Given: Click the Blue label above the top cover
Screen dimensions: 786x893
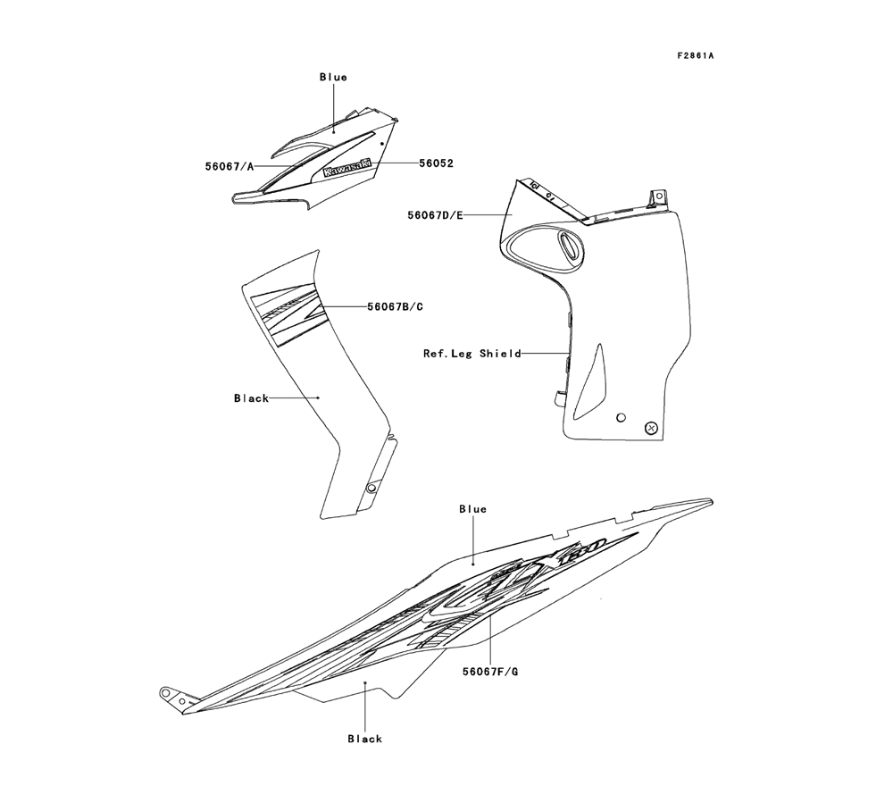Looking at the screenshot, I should click(333, 78).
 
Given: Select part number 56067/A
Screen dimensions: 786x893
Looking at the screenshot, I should click(230, 165).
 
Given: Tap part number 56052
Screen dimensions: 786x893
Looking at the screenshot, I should click(437, 163).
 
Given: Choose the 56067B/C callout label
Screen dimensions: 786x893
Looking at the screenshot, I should click(395, 306).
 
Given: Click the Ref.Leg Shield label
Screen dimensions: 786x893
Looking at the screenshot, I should click(472, 354).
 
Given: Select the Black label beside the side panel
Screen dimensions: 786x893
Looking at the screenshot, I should click(251, 398).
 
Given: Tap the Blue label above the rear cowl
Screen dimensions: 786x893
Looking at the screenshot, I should click(472, 509).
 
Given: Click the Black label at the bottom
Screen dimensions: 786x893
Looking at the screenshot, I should click(364, 739).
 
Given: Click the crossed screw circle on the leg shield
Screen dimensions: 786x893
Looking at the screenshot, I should click(651, 429).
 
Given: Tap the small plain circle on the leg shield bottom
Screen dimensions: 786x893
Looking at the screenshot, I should click(621, 417).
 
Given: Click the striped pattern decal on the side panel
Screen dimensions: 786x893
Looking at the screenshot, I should click(288, 313).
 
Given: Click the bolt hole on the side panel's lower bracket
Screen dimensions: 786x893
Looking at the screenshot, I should click(371, 489).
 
